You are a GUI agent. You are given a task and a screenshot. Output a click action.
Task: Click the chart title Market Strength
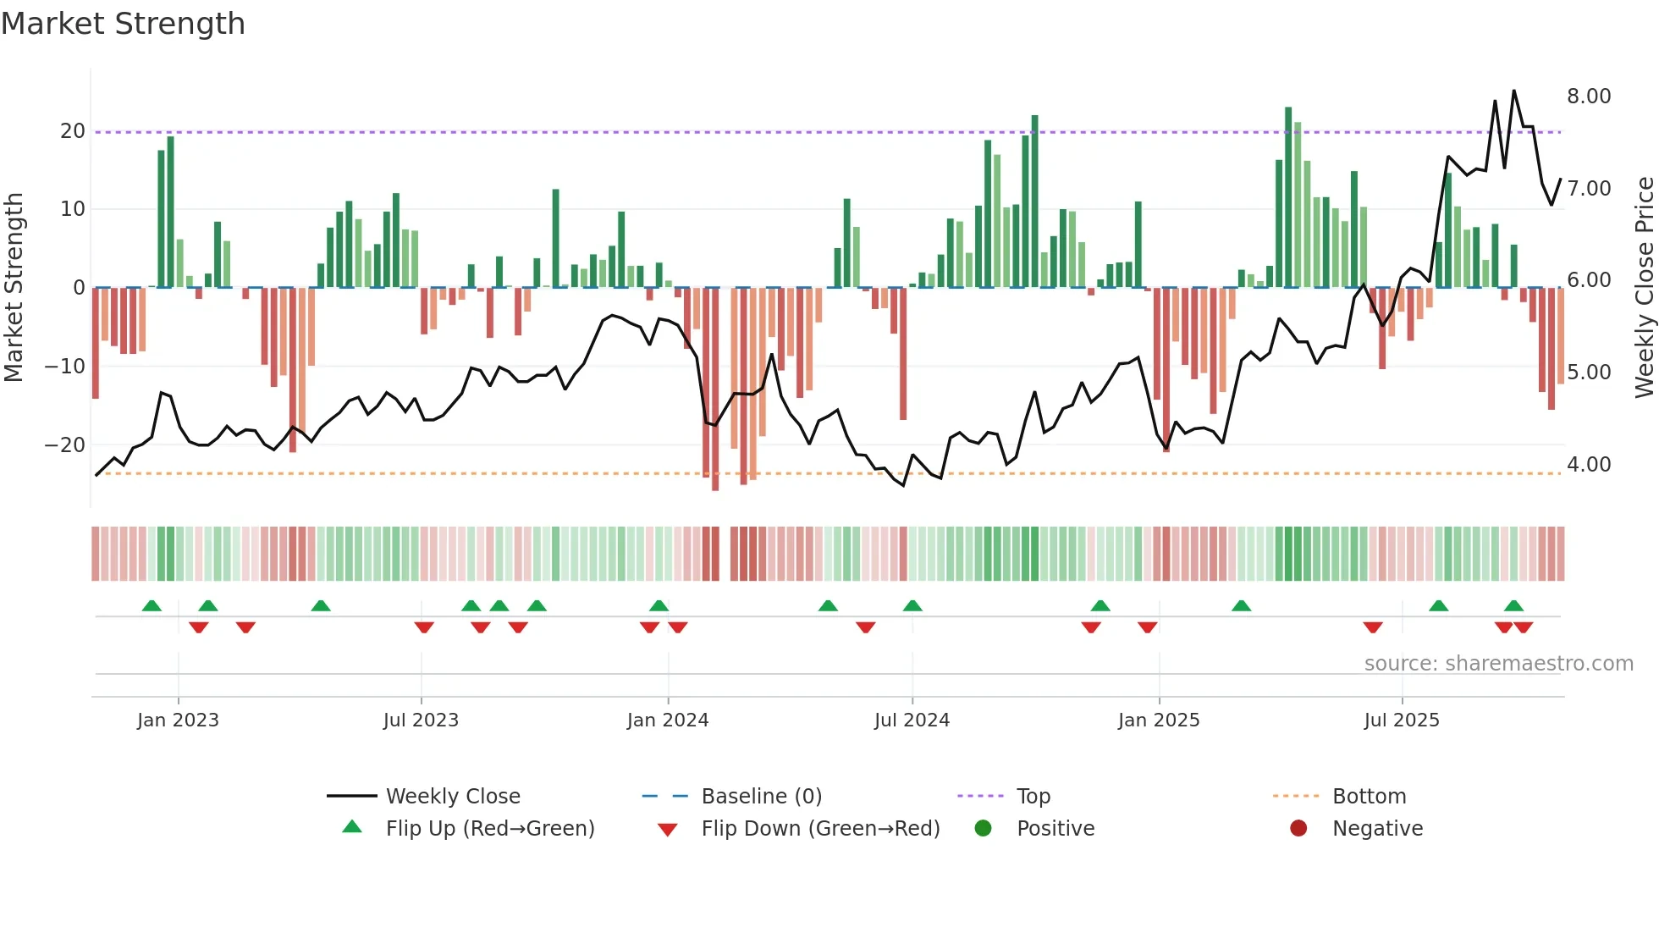coord(123,24)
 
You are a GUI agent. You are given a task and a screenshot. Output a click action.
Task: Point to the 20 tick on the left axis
coord(73,131)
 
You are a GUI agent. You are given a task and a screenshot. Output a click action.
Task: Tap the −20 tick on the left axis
coord(65,444)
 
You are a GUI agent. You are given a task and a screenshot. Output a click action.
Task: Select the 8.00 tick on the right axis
coord(1588,96)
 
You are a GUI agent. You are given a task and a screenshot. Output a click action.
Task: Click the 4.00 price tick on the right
coord(1588,464)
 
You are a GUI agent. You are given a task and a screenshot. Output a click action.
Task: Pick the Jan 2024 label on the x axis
coord(667,720)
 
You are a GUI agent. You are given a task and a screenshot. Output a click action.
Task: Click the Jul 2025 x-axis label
coord(1401,720)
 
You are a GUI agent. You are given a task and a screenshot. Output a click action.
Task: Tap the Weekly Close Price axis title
coord(1644,287)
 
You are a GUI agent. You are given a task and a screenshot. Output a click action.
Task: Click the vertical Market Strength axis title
coord(14,287)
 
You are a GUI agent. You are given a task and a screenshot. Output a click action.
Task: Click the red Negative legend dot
coord(1298,828)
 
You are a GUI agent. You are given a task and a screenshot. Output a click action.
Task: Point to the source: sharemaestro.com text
coord(1498,664)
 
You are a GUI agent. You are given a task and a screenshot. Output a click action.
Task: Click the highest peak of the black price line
coord(1513,91)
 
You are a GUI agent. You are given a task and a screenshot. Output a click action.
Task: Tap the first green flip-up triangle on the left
coord(152,605)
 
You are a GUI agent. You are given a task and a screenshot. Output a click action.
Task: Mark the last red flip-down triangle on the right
coord(1523,627)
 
